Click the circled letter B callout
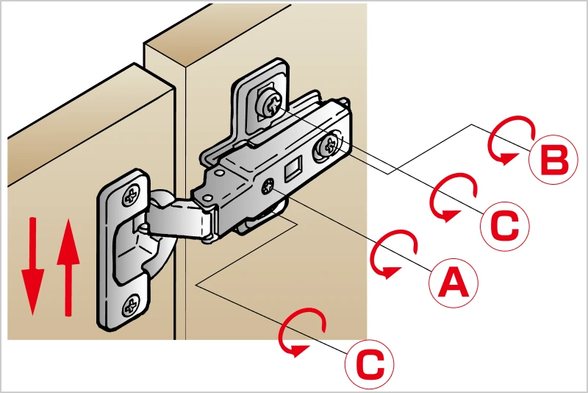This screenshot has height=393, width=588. pyautogui.click(x=553, y=160)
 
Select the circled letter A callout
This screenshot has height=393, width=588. pyautogui.click(x=453, y=283)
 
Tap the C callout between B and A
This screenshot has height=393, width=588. pyautogui.click(x=505, y=226)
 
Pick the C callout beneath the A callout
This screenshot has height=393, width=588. pyautogui.click(x=370, y=364)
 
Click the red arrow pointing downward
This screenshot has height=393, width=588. pyautogui.click(x=33, y=266)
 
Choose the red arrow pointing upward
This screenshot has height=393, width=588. pyautogui.click(x=68, y=268)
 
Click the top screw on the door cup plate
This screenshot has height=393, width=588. pyautogui.click(x=131, y=195)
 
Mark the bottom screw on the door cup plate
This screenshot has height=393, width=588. pyautogui.click(x=131, y=305)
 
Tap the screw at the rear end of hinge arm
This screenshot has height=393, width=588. pyautogui.click(x=327, y=146)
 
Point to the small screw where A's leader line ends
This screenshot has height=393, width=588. pyautogui.click(x=268, y=185)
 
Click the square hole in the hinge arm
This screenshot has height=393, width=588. pyautogui.click(x=293, y=168)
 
